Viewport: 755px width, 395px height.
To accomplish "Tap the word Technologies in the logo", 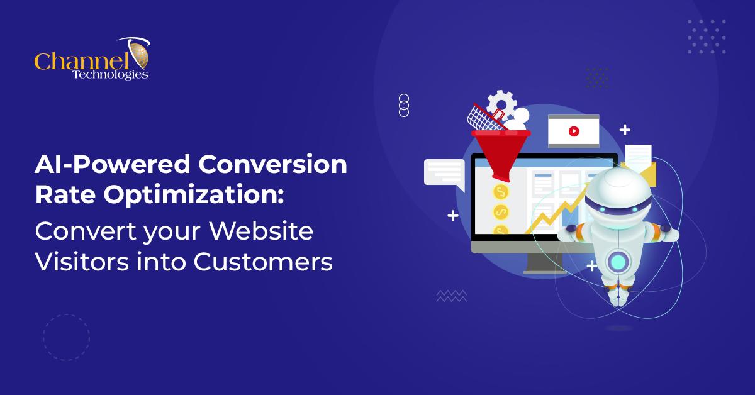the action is [x=110, y=74].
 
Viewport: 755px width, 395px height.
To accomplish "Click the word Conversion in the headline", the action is [x=272, y=164].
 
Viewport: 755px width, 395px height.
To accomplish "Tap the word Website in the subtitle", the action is [x=261, y=231].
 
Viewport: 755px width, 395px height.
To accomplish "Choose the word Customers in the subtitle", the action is [x=263, y=262].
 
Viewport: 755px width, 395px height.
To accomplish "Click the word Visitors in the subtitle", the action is [x=82, y=262].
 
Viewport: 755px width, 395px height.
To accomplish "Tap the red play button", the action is [x=574, y=131].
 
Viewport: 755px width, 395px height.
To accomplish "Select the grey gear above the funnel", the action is [x=502, y=104].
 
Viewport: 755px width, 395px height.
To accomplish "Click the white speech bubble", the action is [x=444, y=174].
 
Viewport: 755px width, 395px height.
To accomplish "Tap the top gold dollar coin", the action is [x=501, y=192].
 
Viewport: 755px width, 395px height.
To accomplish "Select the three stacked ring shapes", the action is [x=404, y=106].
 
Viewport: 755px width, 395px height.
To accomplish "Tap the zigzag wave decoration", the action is [x=451, y=296].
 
